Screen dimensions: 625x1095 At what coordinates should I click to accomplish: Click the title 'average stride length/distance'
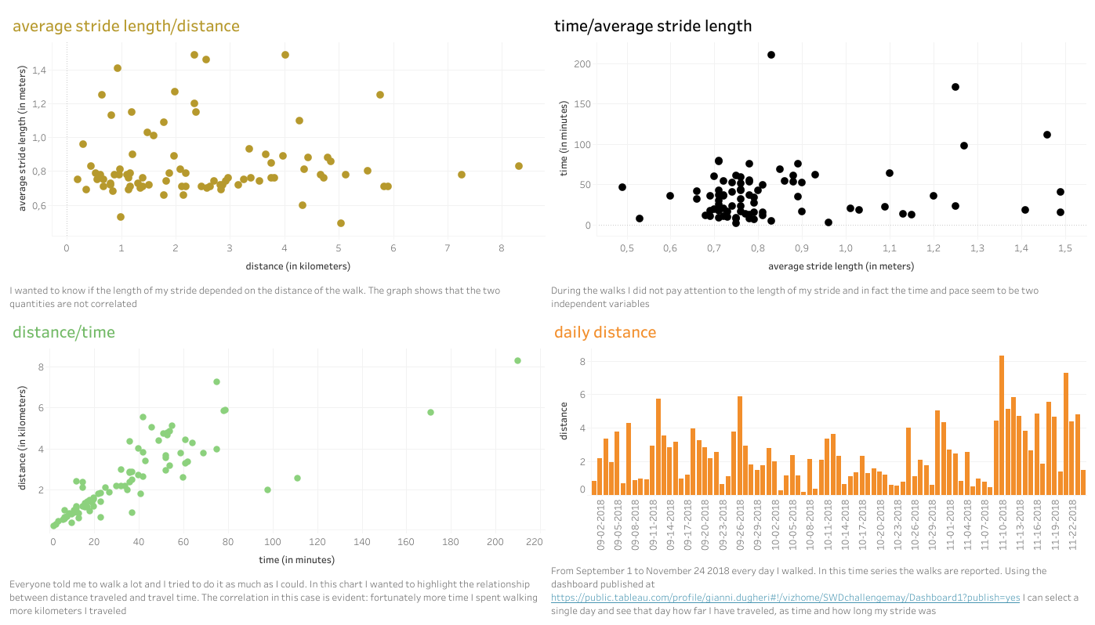coord(126,26)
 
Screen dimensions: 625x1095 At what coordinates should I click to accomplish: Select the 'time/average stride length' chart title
coord(653,26)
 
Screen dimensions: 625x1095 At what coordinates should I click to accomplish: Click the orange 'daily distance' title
coord(605,332)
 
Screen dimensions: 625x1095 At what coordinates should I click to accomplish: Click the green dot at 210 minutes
coord(517,360)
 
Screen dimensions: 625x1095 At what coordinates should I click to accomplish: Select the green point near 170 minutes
coord(430,412)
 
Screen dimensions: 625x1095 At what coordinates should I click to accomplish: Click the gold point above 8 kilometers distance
coord(519,166)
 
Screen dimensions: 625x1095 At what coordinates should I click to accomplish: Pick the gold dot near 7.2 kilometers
coord(462,175)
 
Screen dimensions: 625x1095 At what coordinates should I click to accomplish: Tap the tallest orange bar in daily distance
coord(1002,424)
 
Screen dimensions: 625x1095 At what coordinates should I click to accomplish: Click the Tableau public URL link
coord(785,598)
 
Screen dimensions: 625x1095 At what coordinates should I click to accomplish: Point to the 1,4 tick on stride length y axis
coord(38,70)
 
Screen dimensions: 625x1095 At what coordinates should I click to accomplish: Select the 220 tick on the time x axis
coord(535,542)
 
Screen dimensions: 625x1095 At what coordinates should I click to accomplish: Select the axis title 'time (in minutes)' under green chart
coord(297,560)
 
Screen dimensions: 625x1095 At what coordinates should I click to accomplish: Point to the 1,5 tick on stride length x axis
coord(1064,248)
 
